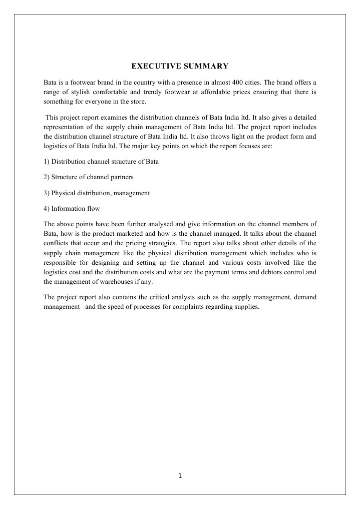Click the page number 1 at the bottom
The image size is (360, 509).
[x=180, y=476]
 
